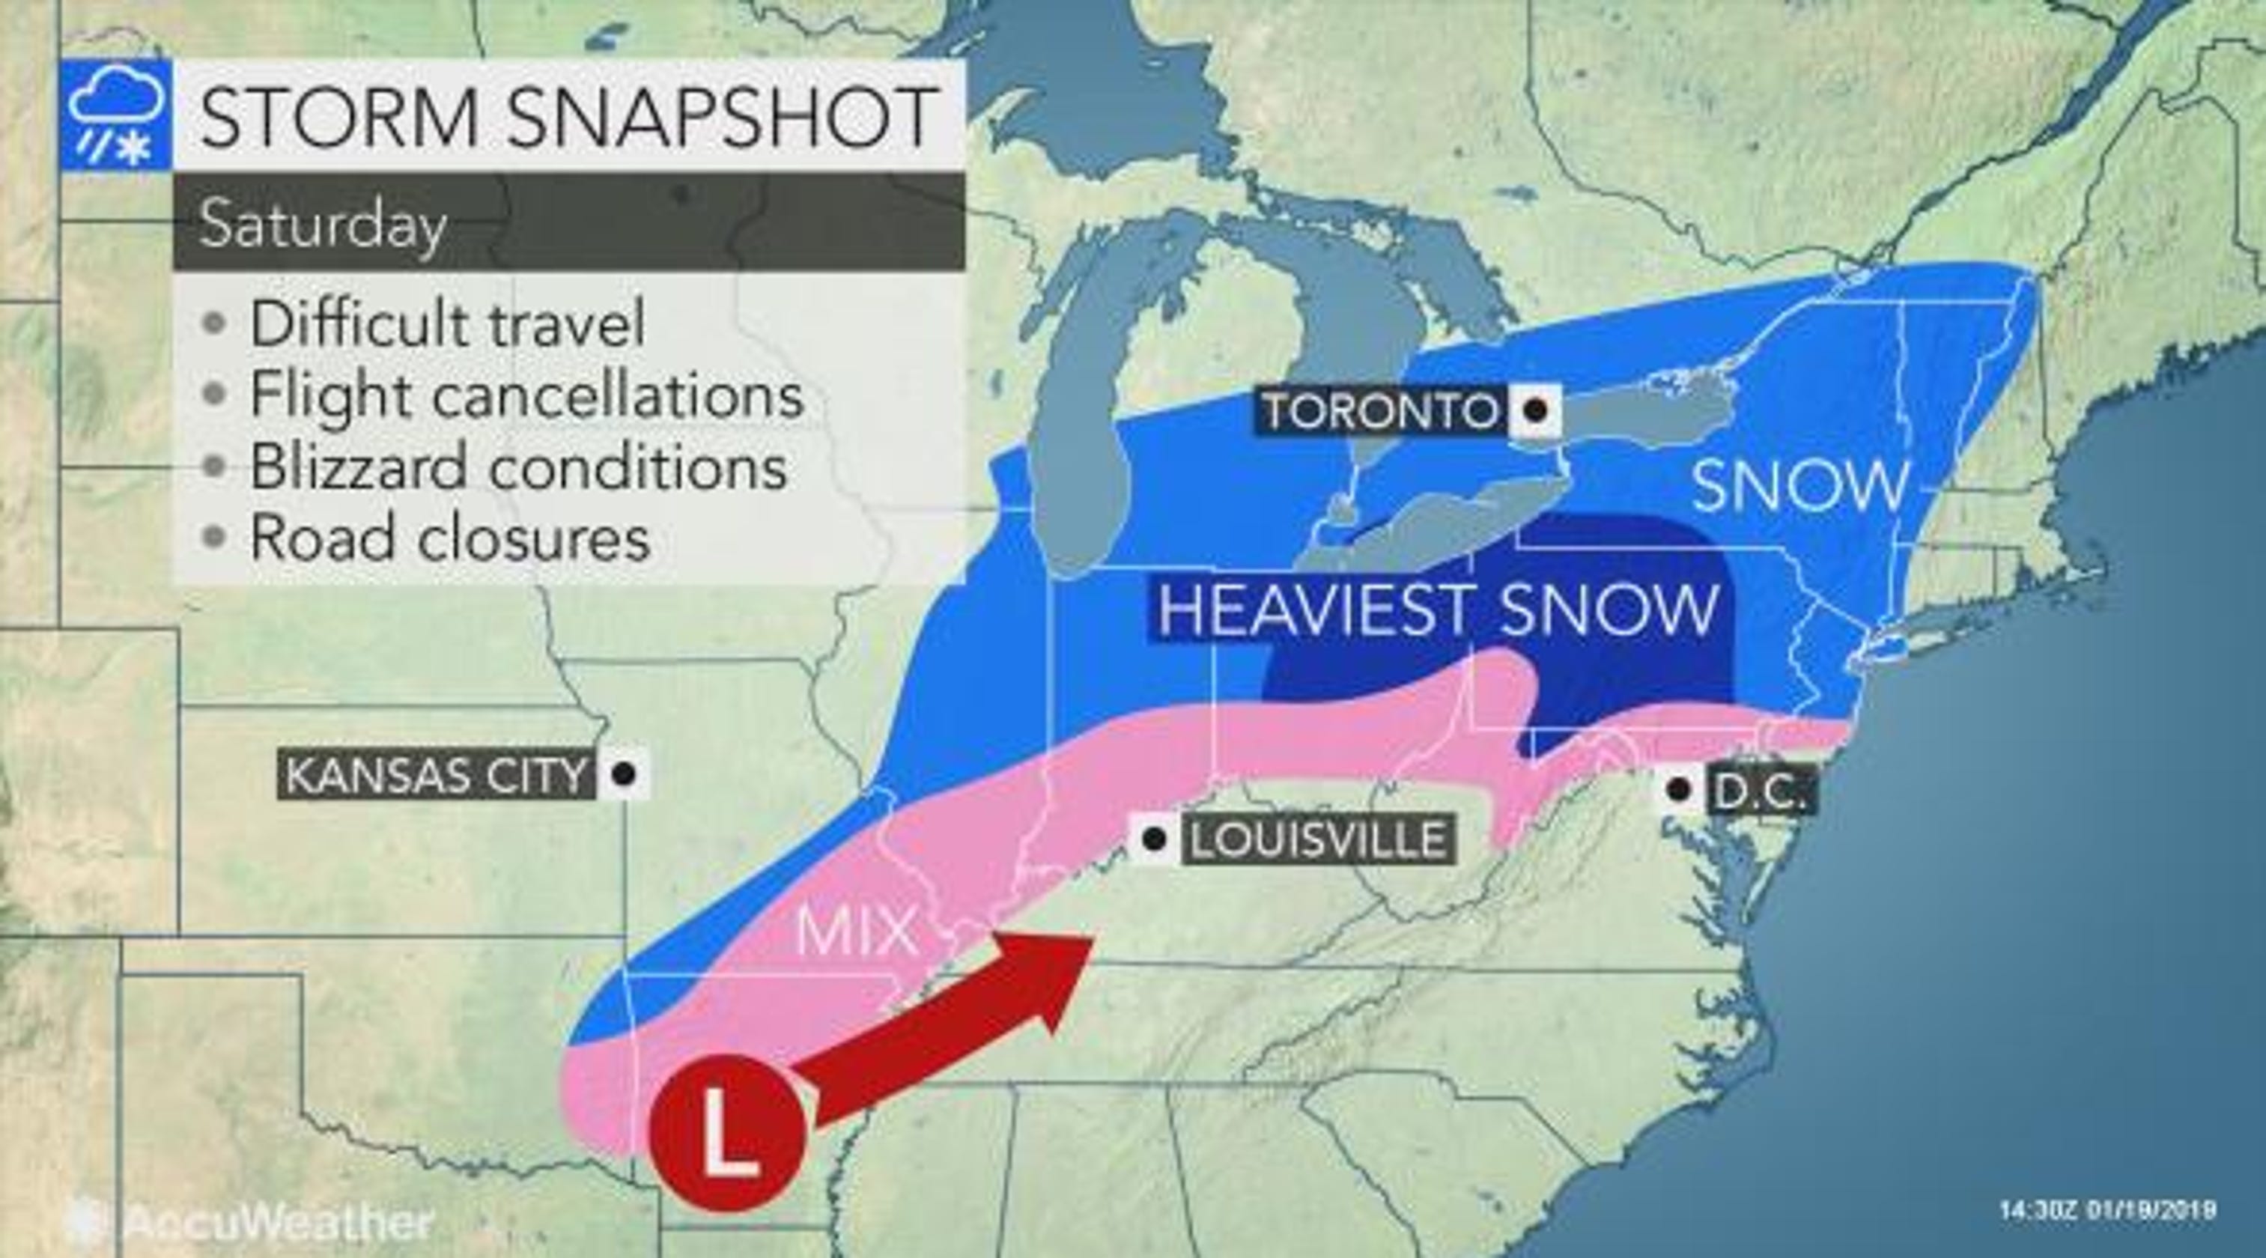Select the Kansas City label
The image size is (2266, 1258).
point(435,775)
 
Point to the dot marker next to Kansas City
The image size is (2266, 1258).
point(624,774)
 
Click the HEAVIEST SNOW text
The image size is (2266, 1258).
point(1436,609)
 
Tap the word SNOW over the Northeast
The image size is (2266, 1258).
point(1799,486)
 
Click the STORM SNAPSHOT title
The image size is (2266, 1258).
point(568,116)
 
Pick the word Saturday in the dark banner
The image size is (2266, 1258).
point(322,225)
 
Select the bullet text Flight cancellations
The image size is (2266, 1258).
point(526,394)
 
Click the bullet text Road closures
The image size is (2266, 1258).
point(449,537)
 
